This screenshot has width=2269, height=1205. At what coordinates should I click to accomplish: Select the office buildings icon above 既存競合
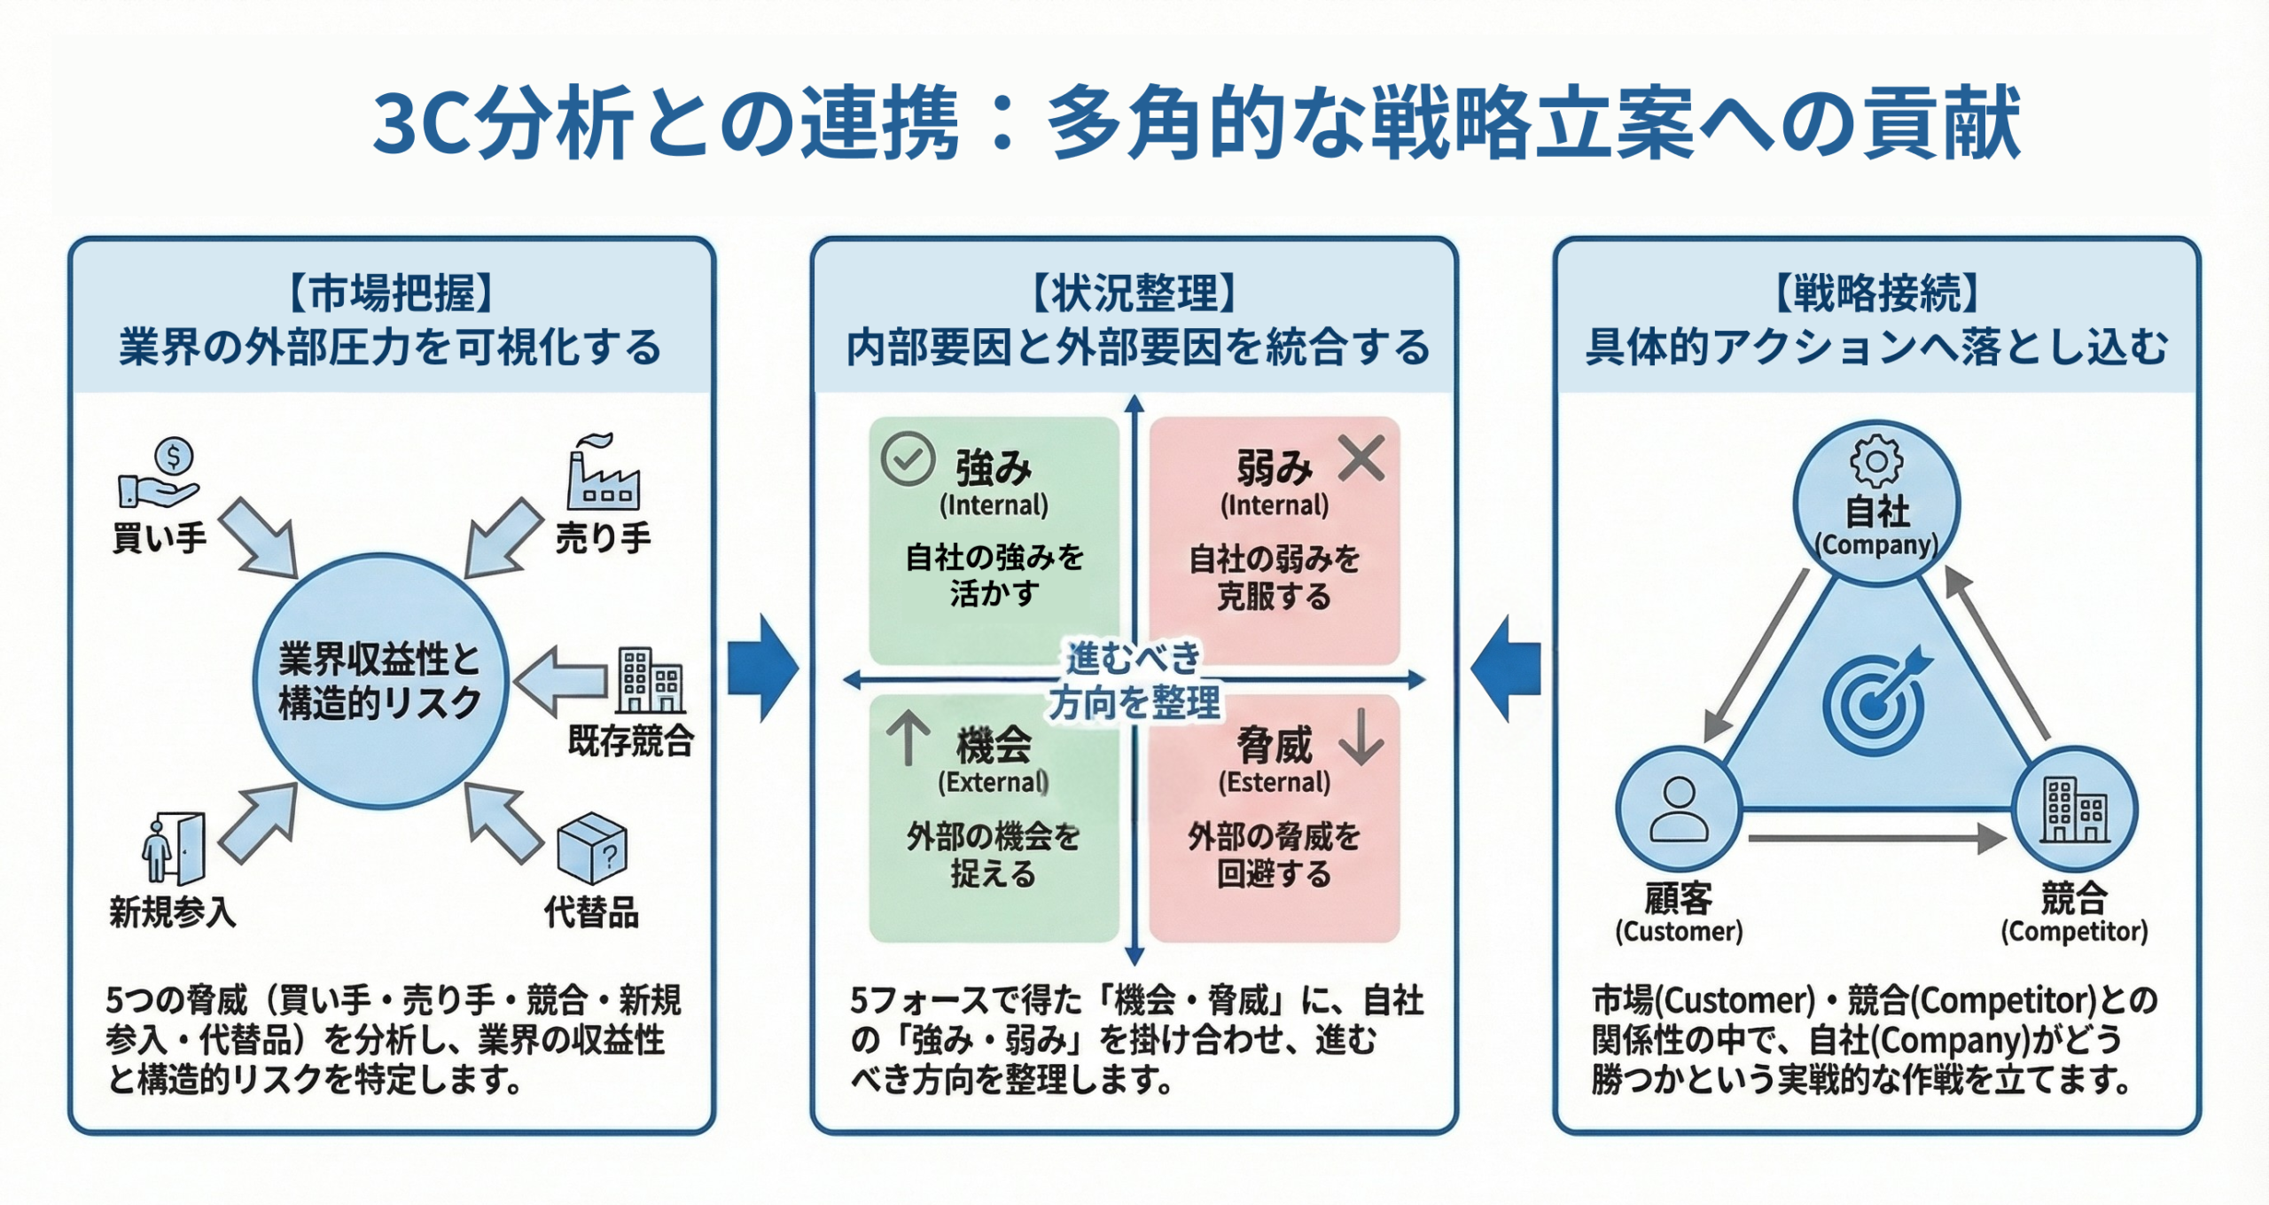tap(651, 680)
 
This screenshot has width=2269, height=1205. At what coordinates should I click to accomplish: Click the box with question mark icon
tap(592, 847)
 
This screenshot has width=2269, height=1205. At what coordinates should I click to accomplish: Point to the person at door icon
tap(173, 849)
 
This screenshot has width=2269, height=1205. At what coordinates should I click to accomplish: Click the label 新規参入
tap(173, 912)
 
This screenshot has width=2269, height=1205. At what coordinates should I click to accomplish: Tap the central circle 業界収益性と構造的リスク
tap(380, 681)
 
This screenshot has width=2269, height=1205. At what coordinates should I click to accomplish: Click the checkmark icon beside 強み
tap(908, 459)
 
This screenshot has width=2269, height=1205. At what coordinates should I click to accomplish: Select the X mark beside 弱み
tap(1361, 458)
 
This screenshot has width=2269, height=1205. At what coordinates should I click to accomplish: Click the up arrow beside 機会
tap(908, 739)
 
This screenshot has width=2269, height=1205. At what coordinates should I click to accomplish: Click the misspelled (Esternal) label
tap(1274, 782)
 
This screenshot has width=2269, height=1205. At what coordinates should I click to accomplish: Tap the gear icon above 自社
tap(1876, 460)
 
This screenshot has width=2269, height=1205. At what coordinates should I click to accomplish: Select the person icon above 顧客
tap(1678, 809)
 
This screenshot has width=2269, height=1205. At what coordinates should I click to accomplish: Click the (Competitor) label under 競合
tap(2074, 932)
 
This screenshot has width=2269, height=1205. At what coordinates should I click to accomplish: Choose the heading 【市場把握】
tap(391, 293)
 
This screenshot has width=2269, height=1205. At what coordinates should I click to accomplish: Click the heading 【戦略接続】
tap(1876, 293)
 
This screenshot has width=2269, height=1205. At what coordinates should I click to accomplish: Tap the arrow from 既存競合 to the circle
tap(561, 681)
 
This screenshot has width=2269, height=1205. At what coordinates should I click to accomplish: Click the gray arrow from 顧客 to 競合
tap(1875, 838)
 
